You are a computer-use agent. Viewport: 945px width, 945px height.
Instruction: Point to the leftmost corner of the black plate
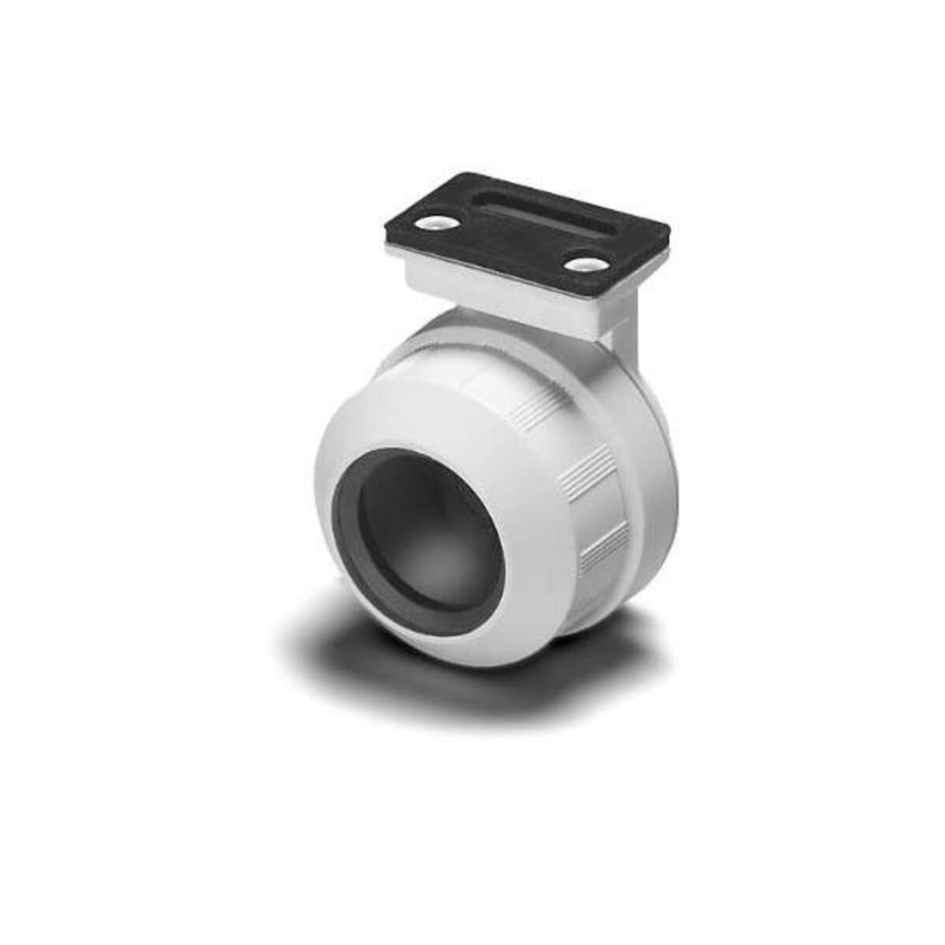coord(387,236)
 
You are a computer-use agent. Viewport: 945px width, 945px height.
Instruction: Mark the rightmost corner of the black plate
coord(670,231)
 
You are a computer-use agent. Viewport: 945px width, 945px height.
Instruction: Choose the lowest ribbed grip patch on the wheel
coord(603,547)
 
